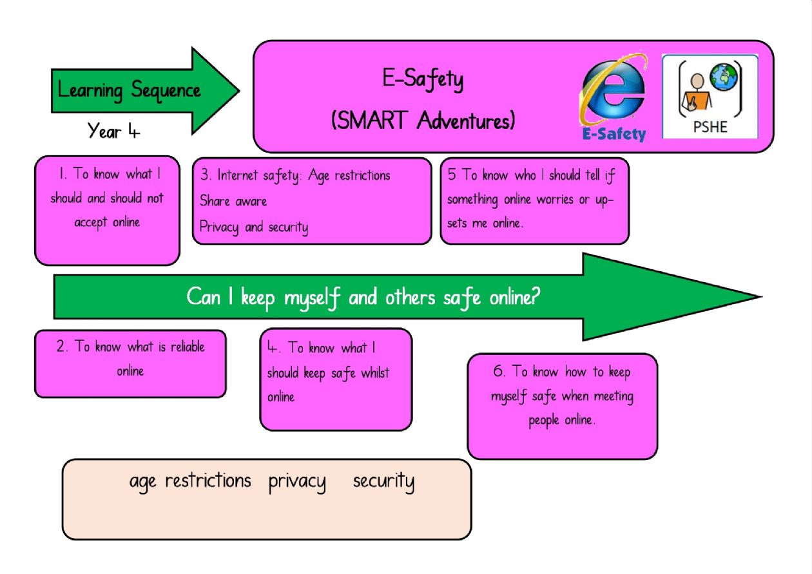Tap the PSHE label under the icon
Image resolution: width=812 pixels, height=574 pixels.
(x=710, y=127)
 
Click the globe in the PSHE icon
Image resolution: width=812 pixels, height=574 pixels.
(x=724, y=77)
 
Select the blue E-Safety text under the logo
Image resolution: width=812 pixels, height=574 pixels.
(x=614, y=134)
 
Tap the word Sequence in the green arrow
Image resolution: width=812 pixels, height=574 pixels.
(x=166, y=91)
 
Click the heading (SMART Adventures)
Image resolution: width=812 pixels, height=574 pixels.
(x=423, y=120)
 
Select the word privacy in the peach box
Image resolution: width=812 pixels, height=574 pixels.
(x=297, y=483)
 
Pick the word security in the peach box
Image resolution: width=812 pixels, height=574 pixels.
(x=384, y=482)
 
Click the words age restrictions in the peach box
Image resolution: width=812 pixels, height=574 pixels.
(x=190, y=482)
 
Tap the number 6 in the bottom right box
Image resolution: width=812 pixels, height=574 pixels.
(x=498, y=370)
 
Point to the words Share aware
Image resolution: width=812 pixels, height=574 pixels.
(x=233, y=201)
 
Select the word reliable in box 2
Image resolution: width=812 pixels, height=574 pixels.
(x=188, y=347)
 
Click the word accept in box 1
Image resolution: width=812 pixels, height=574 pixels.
(x=91, y=222)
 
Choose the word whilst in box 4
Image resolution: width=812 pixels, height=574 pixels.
(x=375, y=372)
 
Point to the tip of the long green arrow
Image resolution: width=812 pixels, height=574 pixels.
(x=762, y=297)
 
